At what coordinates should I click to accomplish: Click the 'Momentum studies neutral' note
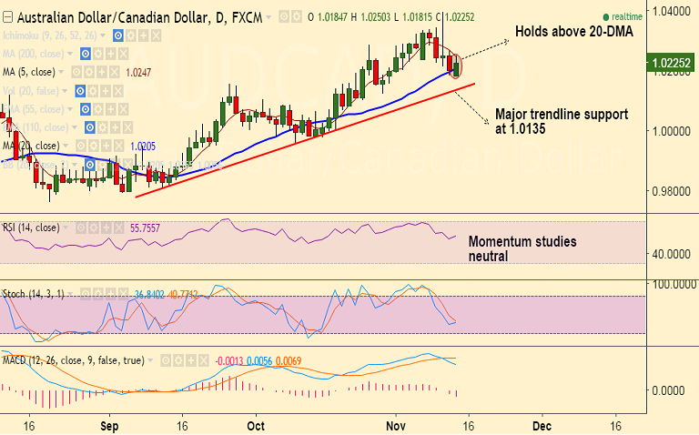pyautogui.click(x=522, y=248)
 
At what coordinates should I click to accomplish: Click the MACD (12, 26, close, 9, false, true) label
pyautogui.click(x=72, y=360)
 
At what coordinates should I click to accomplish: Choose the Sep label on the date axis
pyautogui.click(x=109, y=425)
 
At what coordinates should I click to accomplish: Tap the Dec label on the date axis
pyautogui.click(x=542, y=425)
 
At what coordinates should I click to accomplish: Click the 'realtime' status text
pyautogui.click(x=627, y=16)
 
